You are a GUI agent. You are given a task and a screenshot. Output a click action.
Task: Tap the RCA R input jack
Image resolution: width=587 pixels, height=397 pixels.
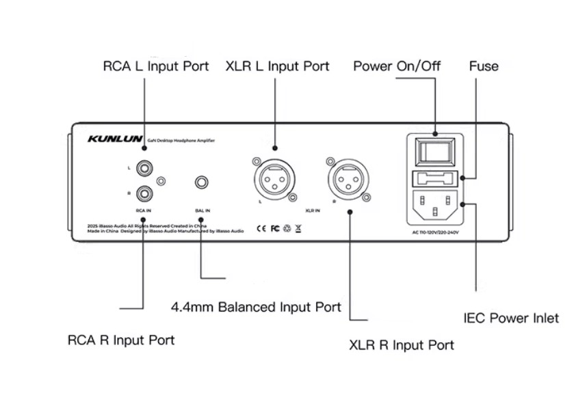[x=144, y=193]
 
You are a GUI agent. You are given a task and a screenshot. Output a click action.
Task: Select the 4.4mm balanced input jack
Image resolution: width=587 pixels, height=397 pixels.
[x=203, y=183]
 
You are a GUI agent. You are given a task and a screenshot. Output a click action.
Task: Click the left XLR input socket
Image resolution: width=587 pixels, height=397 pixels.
[x=274, y=180]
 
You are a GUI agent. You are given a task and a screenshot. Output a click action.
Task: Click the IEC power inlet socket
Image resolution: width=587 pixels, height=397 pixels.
[x=434, y=204]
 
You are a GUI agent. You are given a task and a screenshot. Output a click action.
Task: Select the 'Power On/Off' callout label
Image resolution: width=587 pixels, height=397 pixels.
[x=397, y=66]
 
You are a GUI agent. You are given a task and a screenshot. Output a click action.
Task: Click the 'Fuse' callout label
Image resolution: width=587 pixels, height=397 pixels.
[x=484, y=66]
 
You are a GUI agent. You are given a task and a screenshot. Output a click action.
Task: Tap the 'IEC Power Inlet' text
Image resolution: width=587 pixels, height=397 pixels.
[x=511, y=318]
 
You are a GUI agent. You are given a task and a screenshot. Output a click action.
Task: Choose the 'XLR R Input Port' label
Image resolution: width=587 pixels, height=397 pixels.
[x=402, y=345]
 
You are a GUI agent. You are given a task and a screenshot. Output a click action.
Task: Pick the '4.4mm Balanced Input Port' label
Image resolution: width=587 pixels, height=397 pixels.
[x=256, y=307]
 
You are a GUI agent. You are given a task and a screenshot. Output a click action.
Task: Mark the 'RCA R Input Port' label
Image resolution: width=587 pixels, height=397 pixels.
[x=121, y=340]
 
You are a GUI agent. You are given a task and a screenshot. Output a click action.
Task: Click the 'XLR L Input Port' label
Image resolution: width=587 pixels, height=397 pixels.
[x=277, y=66]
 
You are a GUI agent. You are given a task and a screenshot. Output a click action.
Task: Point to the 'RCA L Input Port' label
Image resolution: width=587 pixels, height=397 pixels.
[x=156, y=67]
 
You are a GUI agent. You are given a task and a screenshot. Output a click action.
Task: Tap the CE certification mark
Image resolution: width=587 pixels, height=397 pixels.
[x=261, y=228]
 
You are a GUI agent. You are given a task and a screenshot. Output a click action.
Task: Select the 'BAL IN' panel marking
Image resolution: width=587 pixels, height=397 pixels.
[x=203, y=210]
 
